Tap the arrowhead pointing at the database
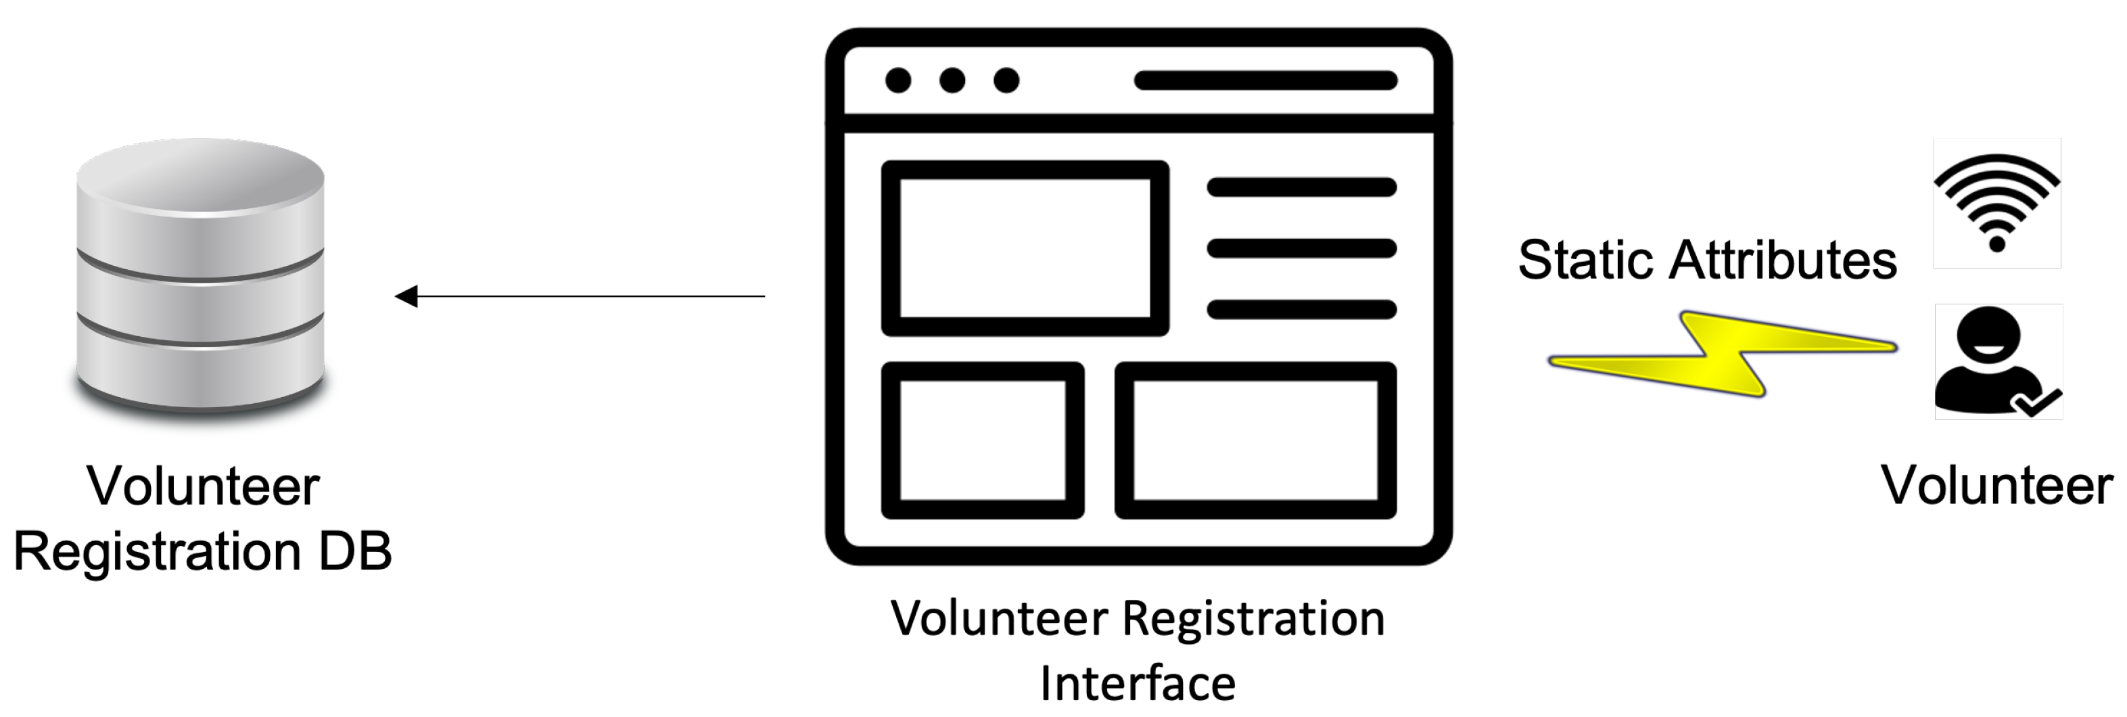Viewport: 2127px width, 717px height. [406, 296]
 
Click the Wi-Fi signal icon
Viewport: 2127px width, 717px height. [1996, 203]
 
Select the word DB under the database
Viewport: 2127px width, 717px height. [355, 551]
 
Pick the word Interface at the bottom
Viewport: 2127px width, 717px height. [1138, 683]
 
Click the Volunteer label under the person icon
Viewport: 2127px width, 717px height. [1996, 485]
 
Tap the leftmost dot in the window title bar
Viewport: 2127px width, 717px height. [898, 80]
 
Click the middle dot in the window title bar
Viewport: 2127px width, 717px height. [952, 80]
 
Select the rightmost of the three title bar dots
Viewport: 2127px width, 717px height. [1006, 80]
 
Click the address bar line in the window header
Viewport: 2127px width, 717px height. [1266, 80]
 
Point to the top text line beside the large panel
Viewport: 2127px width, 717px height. [1301, 187]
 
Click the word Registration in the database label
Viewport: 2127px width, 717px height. [157, 552]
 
